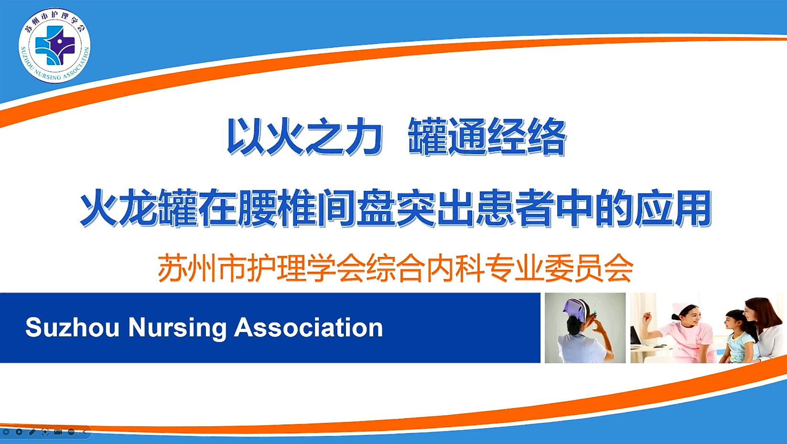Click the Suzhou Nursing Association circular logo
pyautogui.click(x=54, y=45)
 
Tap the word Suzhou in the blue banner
pyautogui.click(x=72, y=328)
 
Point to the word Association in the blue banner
pyautogui.click(x=309, y=328)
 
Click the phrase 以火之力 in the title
pyautogui.click(x=304, y=137)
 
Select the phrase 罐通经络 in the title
pyautogui.click(x=487, y=137)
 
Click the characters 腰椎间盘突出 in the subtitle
pyautogui.click(x=356, y=208)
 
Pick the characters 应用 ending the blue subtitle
pyautogui.click(x=673, y=208)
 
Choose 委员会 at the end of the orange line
pyautogui.click(x=589, y=268)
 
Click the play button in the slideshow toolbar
pyautogui.click(x=19, y=432)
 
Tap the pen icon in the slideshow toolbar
pyautogui.click(x=32, y=432)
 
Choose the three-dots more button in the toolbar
pyautogui.click(x=71, y=432)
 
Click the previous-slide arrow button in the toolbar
pyautogui.click(x=6, y=432)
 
